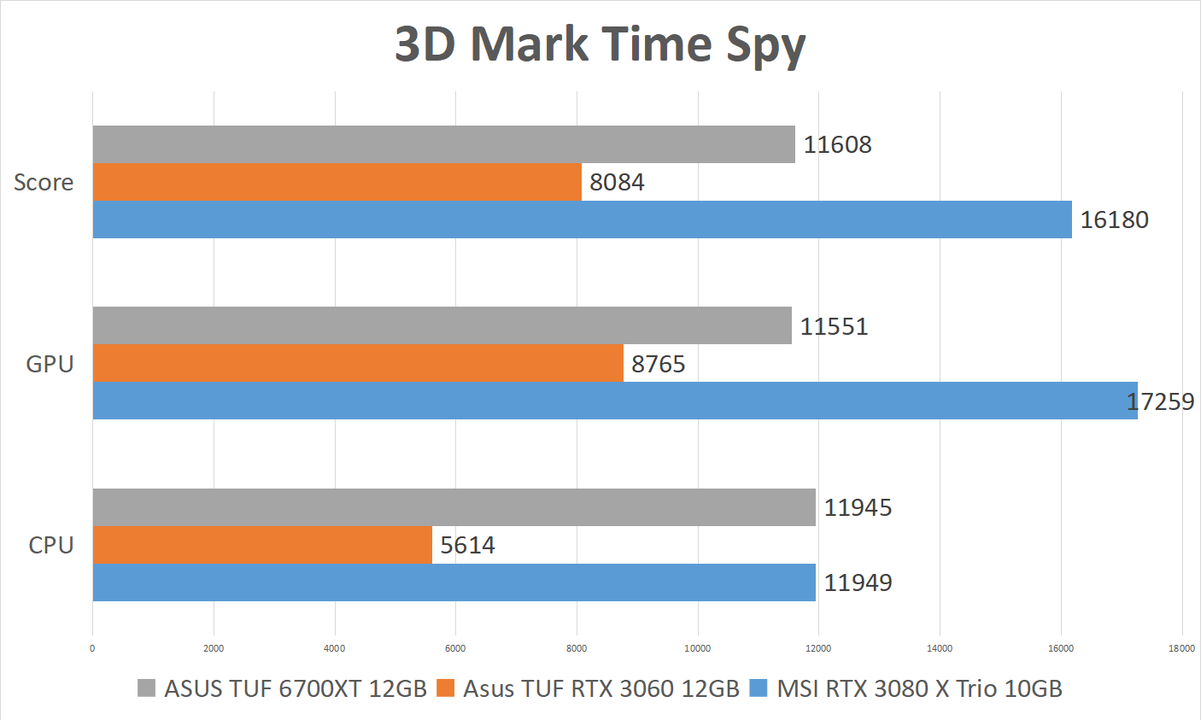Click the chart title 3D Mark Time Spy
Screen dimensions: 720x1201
click(x=600, y=44)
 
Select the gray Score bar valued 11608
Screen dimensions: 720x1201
click(x=443, y=144)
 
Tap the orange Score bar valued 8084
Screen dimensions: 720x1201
click(x=337, y=182)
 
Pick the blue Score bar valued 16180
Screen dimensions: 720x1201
click(x=582, y=220)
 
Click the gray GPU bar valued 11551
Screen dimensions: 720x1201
click(x=442, y=325)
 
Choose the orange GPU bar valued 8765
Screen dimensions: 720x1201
click(x=357, y=363)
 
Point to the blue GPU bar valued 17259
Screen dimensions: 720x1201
click(x=614, y=401)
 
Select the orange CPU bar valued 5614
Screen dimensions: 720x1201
click(x=262, y=545)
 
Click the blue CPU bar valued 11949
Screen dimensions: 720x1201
click(x=454, y=582)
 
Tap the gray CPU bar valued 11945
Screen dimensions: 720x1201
click(x=454, y=507)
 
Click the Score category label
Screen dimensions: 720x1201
click(x=44, y=182)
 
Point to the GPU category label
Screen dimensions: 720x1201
click(x=50, y=364)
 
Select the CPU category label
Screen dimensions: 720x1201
click(x=51, y=545)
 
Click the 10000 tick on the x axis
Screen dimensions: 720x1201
click(x=697, y=648)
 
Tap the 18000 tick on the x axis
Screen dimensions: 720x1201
click(x=1181, y=648)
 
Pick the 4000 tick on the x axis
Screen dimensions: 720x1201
click(x=334, y=648)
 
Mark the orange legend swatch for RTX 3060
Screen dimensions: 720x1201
click(x=445, y=688)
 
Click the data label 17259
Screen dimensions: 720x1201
click(x=1160, y=401)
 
